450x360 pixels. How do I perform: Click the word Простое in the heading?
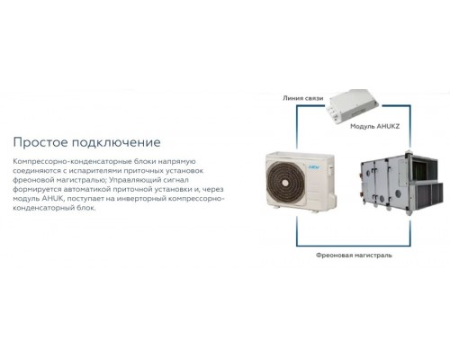coord(40,142)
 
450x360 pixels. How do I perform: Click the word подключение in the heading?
coord(116,142)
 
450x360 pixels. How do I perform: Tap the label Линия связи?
coord(303,98)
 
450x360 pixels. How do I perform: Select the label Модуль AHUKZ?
coord(375,126)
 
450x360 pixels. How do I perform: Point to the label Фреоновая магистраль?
coord(354,256)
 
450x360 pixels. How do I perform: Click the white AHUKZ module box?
coord(353,105)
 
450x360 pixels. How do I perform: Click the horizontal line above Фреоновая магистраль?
coord(354,246)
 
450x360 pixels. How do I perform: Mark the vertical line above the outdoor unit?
coord(297,128)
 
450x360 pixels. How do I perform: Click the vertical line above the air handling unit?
coord(409,128)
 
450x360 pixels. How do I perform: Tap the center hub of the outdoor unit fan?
coord(285,182)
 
